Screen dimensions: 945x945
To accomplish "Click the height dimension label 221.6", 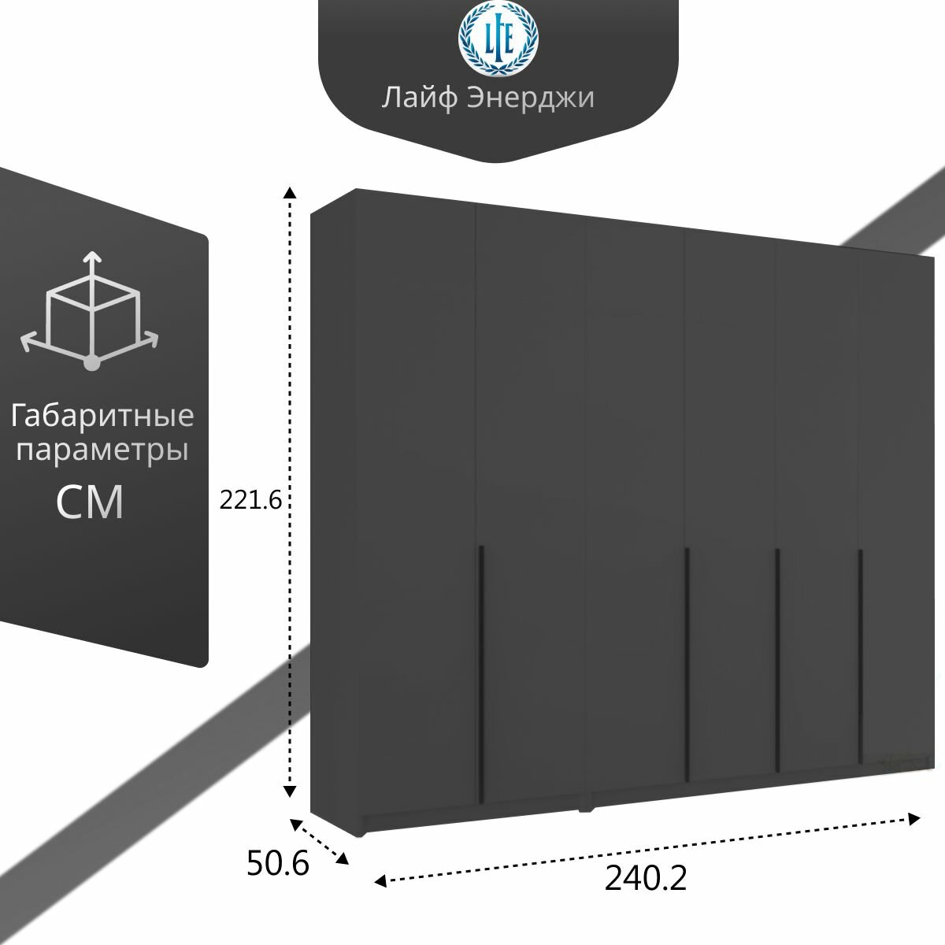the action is point(250,499).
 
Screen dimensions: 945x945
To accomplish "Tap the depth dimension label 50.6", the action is point(277,864).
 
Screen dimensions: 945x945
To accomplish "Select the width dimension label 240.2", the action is point(646,878).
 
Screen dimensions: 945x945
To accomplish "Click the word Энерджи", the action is point(530,99).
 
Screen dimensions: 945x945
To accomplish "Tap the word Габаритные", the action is point(102,415).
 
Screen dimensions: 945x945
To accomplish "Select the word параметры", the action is point(102,451).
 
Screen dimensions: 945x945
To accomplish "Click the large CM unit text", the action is point(91,502).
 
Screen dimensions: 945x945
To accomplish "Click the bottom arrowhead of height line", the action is point(290,789).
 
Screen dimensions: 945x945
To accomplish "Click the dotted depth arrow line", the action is point(320,842).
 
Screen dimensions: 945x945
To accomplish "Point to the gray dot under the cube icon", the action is point(92,363).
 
